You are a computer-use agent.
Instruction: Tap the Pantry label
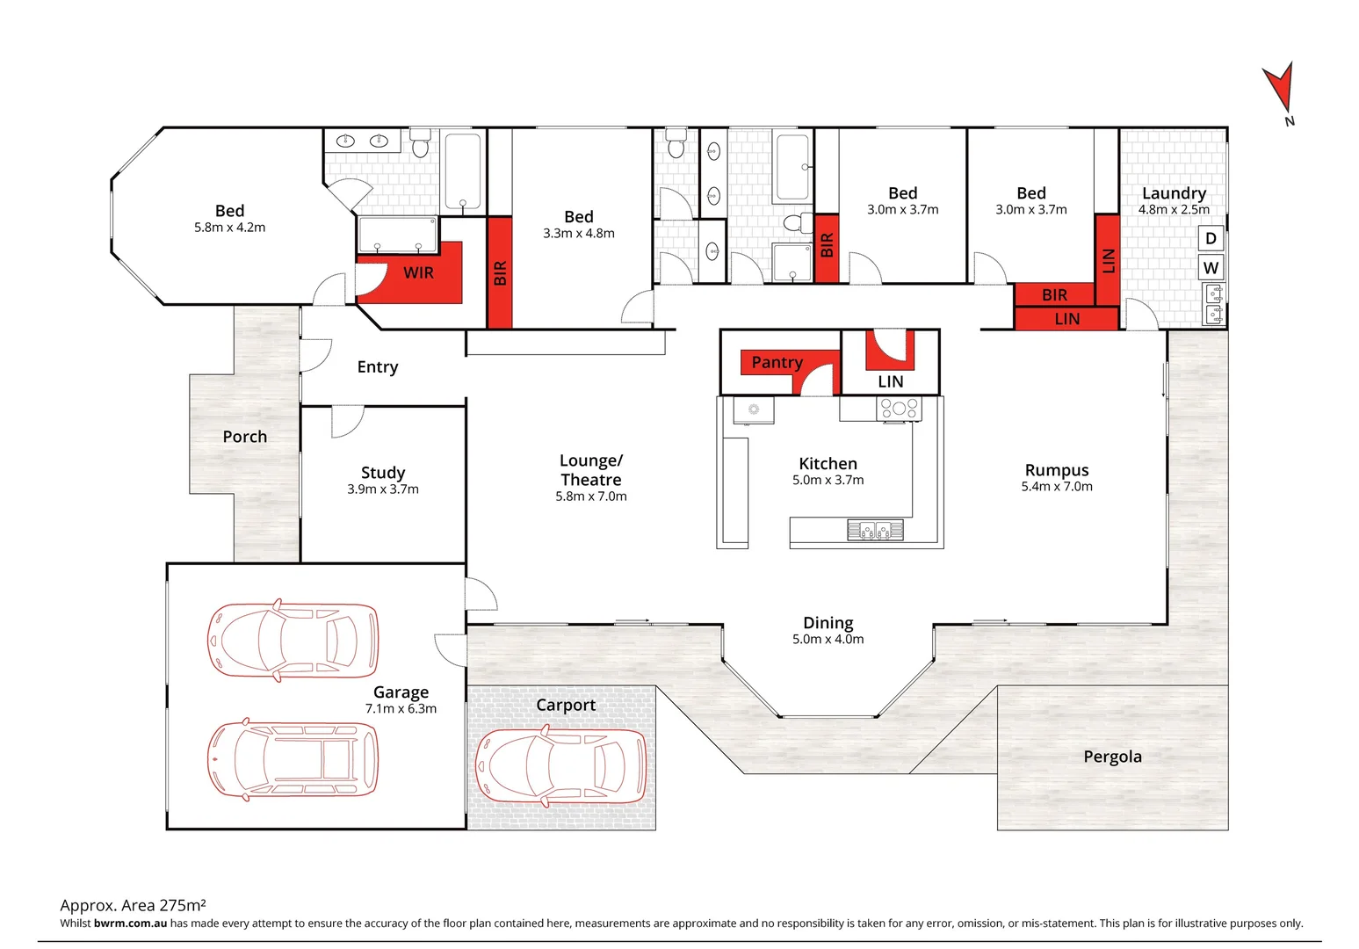(x=777, y=362)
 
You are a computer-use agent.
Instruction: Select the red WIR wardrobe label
(x=418, y=273)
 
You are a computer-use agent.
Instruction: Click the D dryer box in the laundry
(x=1211, y=238)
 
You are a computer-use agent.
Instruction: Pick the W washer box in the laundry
(x=1211, y=268)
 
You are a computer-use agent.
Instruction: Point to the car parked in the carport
(x=560, y=766)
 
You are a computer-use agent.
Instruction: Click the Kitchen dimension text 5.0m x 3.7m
(x=828, y=481)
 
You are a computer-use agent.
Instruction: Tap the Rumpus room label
(x=1056, y=470)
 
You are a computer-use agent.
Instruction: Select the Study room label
(x=383, y=473)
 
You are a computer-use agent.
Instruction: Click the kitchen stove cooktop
(x=899, y=408)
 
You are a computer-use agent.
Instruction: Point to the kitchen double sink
(x=875, y=530)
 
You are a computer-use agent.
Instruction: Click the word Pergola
(x=1112, y=757)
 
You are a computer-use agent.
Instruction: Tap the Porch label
(x=244, y=437)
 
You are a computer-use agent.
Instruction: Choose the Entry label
(x=378, y=367)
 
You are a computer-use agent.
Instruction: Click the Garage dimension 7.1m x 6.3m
(x=401, y=709)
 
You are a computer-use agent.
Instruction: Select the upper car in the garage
(x=293, y=641)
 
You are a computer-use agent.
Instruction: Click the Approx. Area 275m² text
(x=133, y=905)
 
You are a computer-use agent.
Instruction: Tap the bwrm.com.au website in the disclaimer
(x=130, y=924)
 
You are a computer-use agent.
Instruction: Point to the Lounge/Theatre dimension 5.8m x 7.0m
(x=590, y=496)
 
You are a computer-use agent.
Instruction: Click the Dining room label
(x=828, y=623)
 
